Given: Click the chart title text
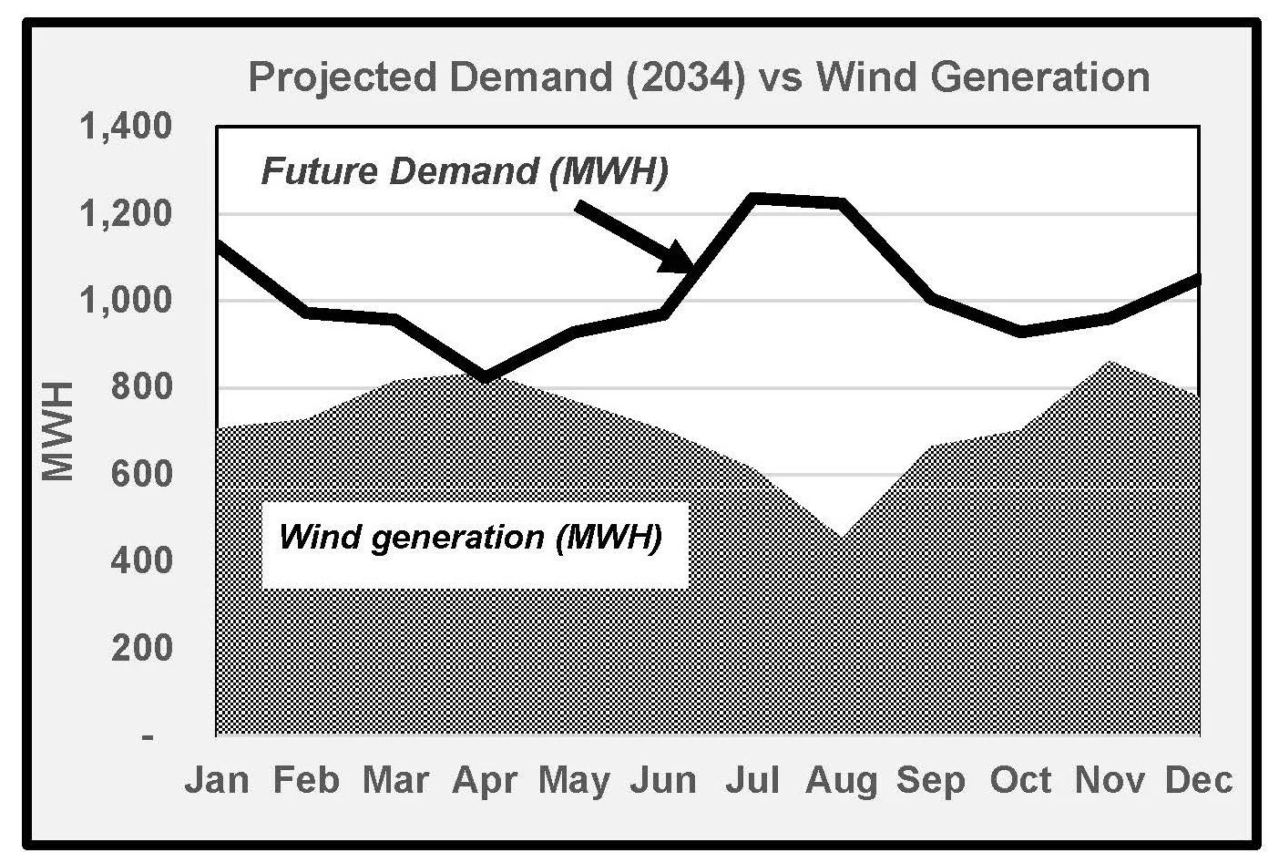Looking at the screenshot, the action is [x=699, y=77].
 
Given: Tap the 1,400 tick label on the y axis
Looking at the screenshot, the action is [x=126, y=127].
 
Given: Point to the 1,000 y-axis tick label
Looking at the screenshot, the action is [x=126, y=300].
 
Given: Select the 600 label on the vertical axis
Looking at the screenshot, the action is [x=141, y=474].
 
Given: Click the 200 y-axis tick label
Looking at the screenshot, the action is [x=141, y=648].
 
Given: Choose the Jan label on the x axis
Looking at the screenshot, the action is [x=217, y=780].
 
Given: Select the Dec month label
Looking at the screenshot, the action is [x=1199, y=780].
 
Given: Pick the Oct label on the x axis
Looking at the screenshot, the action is [x=1020, y=780].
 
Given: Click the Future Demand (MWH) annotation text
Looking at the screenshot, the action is [x=465, y=171].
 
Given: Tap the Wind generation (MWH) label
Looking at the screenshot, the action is [x=470, y=538].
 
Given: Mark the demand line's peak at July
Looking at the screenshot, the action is [x=753, y=198].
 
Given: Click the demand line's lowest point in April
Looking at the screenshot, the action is [x=485, y=377].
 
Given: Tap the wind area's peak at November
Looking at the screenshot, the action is [x=1110, y=362].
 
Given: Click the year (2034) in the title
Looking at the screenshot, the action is [x=686, y=78].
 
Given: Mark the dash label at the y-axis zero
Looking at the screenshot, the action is [x=148, y=737].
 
